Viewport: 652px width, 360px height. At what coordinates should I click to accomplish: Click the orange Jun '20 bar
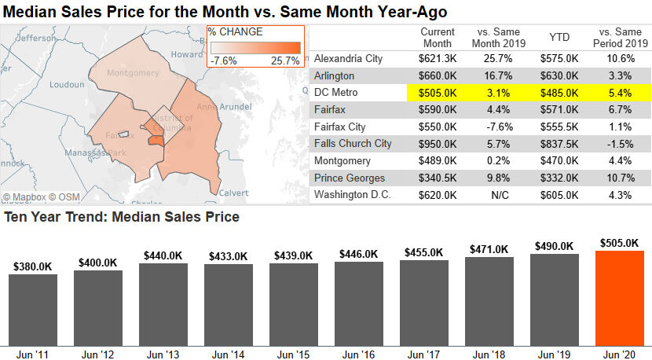tap(620, 297)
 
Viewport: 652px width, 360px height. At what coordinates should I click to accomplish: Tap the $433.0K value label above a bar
tap(229, 256)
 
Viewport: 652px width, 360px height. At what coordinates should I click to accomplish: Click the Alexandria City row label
tap(348, 59)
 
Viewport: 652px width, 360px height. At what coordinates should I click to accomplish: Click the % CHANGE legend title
tap(236, 32)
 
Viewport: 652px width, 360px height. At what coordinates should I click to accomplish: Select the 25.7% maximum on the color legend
tap(285, 61)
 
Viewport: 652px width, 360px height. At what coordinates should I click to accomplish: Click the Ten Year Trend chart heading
tap(122, 217)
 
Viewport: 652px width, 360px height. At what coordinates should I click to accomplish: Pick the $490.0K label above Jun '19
tap(555, 245)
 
